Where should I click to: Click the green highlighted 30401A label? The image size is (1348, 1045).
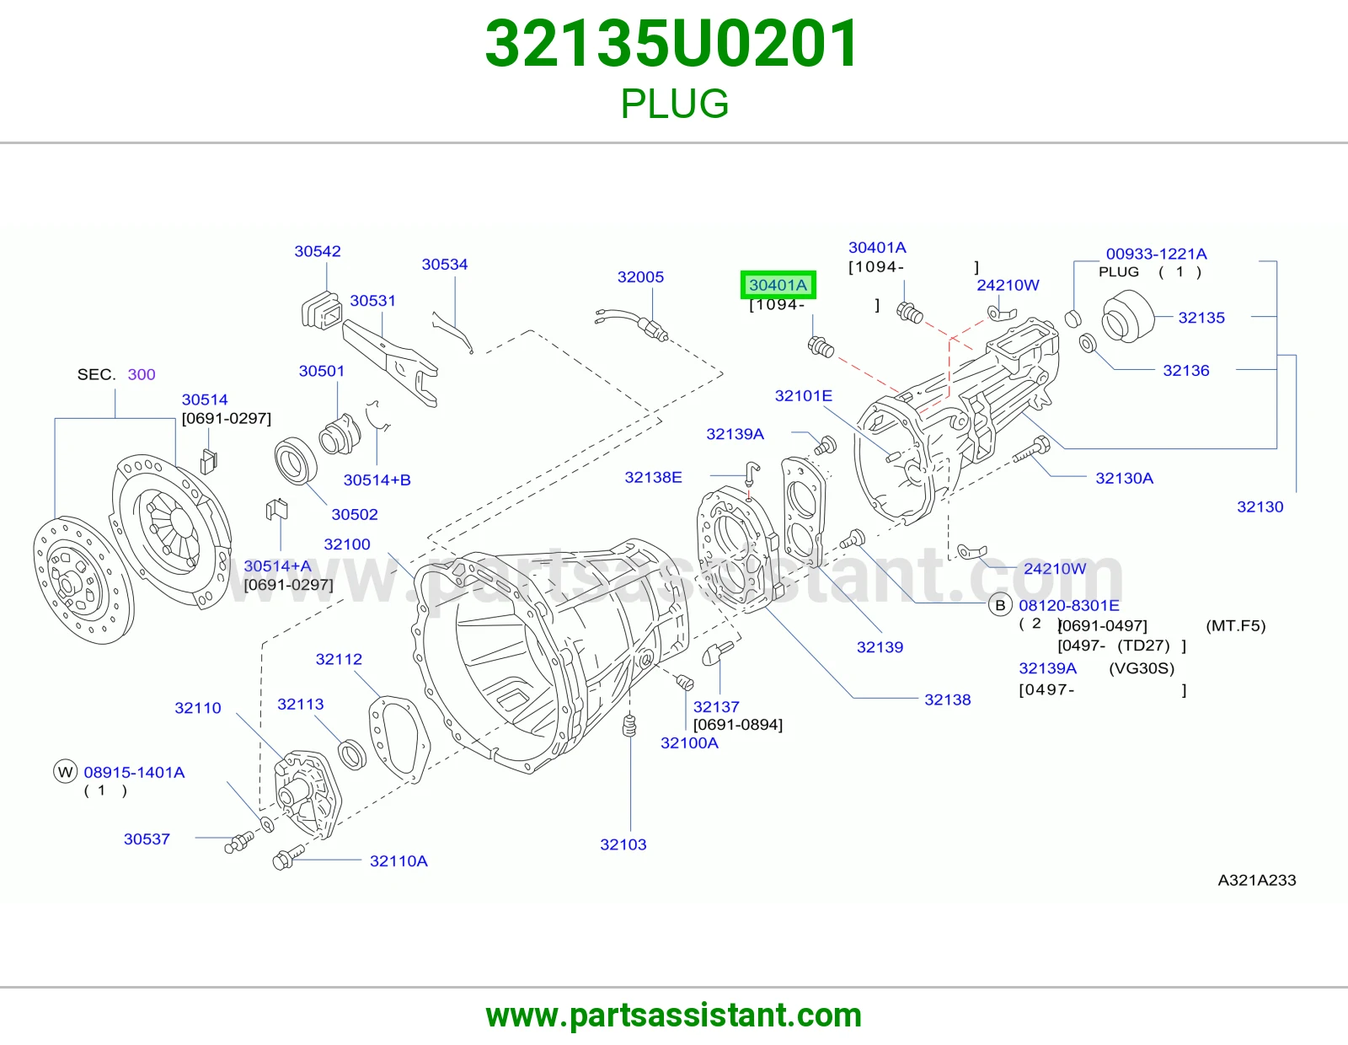[778, 285]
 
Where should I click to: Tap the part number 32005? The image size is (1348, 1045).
[640, 276]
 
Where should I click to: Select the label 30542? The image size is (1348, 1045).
[318, 251]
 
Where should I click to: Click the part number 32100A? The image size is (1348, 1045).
[689, 742]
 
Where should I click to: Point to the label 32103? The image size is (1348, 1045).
[623, 844]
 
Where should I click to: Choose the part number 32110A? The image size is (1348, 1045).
[399, 860]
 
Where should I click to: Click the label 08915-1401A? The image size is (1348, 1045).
[134, 772]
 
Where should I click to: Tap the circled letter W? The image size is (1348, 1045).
[65, 772]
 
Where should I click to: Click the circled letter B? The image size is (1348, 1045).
[1000, 605]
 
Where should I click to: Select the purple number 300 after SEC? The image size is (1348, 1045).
[142, 374]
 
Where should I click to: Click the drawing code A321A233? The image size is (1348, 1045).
[1257, 880]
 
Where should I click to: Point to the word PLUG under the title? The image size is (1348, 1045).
[674, 104]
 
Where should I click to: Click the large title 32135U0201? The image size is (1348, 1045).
[671, 43]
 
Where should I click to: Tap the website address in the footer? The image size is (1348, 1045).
[674, 1016]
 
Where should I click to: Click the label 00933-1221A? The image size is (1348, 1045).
[1156, 254]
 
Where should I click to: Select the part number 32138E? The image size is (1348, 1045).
[653, 477]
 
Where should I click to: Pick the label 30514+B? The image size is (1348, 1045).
[377, 480]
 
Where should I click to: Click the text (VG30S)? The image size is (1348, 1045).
[1142, 668]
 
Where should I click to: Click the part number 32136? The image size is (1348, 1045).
[1186, 371]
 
